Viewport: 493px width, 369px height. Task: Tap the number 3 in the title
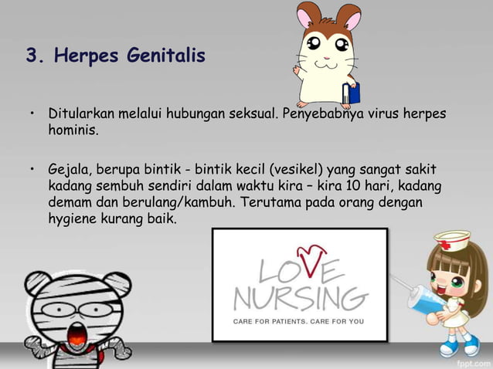[32, 56]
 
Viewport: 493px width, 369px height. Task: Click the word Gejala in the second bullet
[69, 168]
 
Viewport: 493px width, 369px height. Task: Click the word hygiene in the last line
[74, 219]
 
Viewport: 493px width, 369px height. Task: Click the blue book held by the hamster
[352, 91]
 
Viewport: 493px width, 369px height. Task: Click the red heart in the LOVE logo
[311, 256]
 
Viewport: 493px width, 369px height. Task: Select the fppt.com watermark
[472, 361]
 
